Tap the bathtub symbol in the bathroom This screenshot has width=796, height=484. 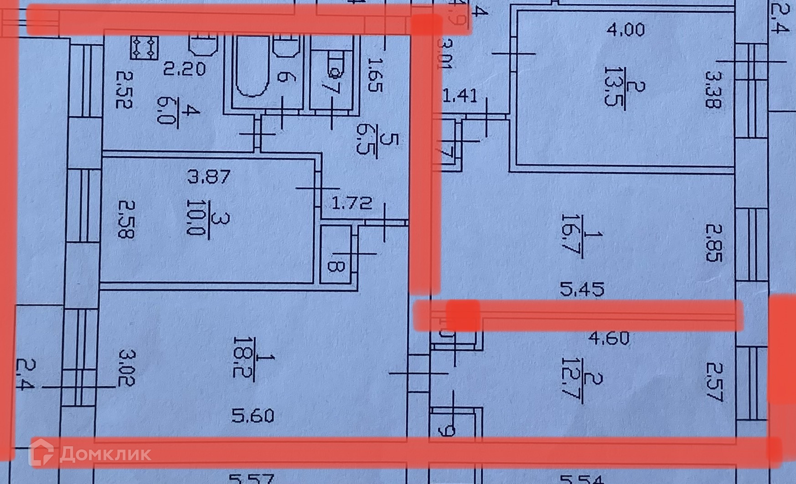tap(250, 68)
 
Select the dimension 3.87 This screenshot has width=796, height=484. tap(209, 176)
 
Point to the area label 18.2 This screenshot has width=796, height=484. tap(240, 356)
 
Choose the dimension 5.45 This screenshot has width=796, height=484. tap(582, 289)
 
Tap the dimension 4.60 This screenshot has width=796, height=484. tap(609, 338)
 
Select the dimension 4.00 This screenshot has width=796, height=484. tap(625, 31)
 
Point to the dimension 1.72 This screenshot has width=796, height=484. tap(351, 203)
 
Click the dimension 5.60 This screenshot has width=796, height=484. tap(253, 416)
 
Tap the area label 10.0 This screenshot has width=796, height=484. tap(196, 219)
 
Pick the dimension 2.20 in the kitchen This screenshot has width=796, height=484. tap(185, 70)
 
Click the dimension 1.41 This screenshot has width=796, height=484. tap(460, 96)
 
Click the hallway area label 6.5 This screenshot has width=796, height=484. tap(363, 139)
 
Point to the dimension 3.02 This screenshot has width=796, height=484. tap(126, 367)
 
